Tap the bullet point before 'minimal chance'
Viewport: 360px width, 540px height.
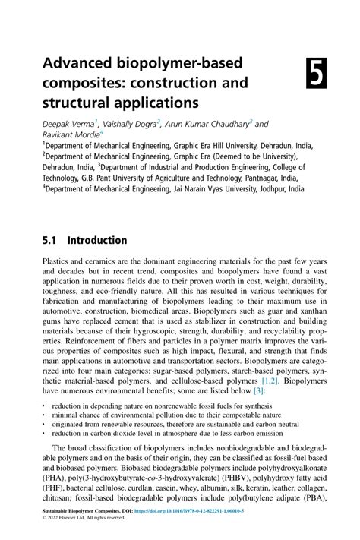point(44,415)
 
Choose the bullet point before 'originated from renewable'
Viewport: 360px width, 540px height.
point(44,425)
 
